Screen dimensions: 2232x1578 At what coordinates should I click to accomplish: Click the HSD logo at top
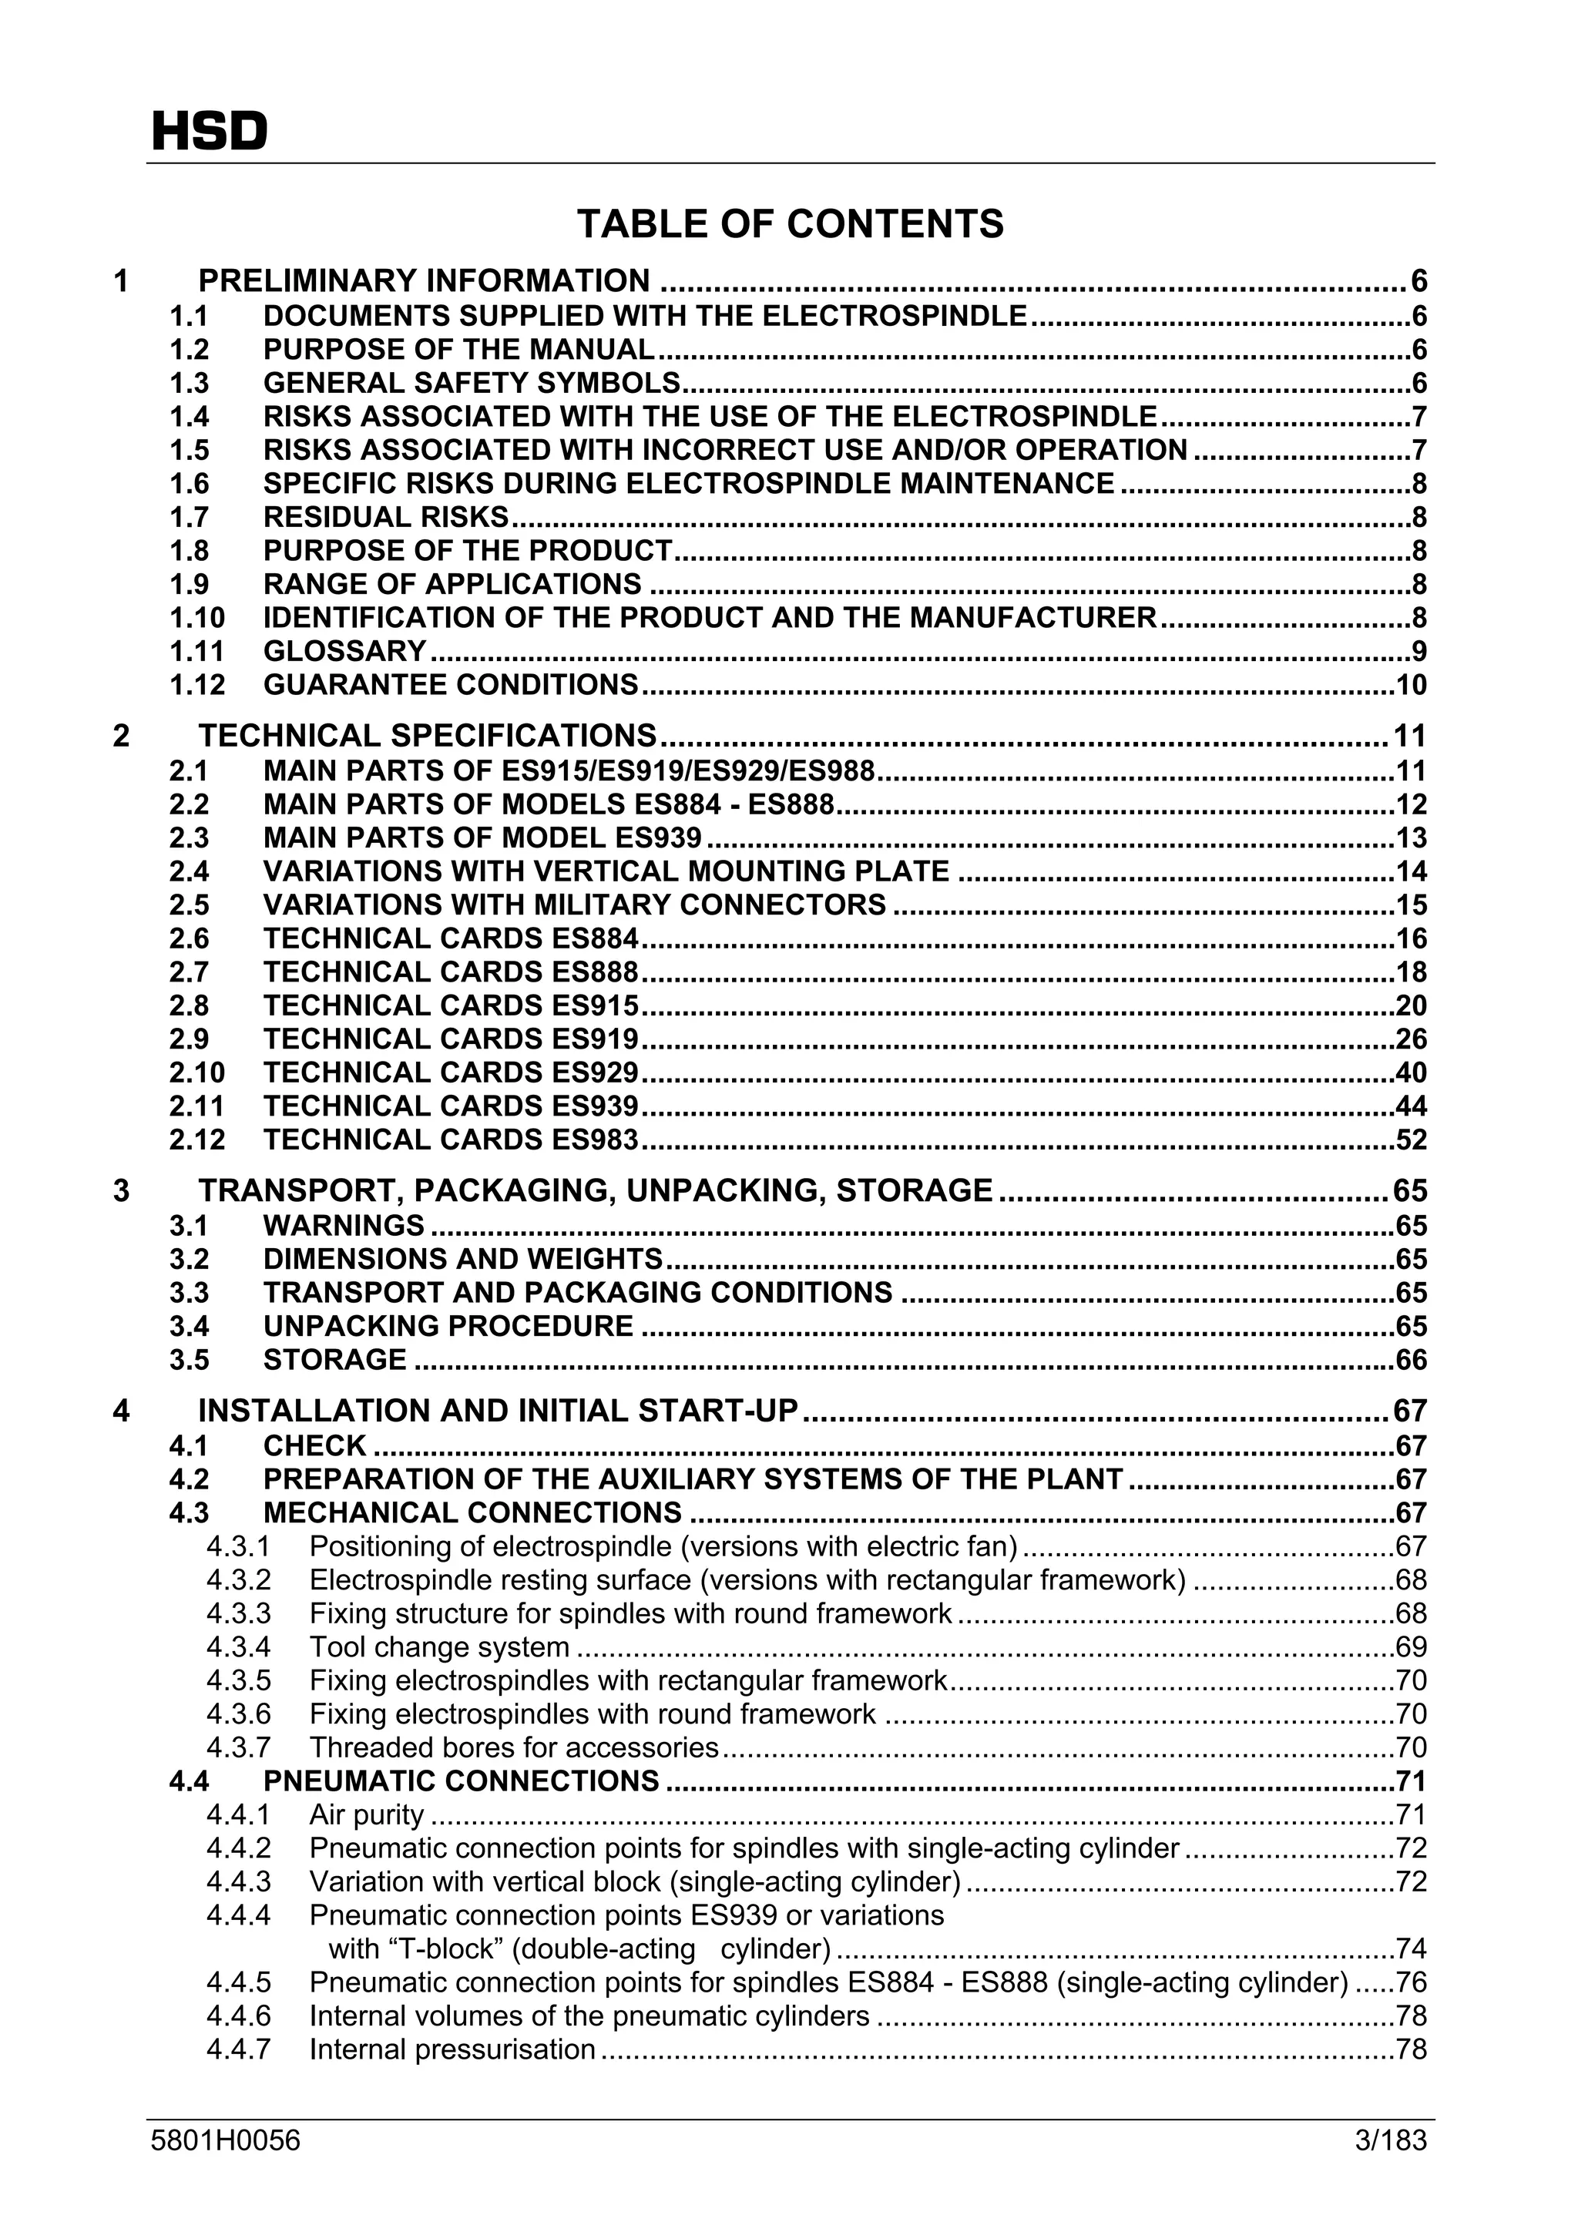tap(209, 131)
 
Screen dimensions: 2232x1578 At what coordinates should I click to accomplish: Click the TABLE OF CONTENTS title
tap(790, 224)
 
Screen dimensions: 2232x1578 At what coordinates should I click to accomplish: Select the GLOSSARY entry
tap(345, 651)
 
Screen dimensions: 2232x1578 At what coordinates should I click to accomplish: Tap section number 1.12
tap(196, 686)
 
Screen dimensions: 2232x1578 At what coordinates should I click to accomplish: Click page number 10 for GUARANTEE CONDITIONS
tap(1411, 686)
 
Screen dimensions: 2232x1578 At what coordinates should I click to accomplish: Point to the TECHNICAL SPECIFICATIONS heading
tap(428, 736)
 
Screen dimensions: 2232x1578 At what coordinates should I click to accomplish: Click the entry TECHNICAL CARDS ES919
tap(450, 1039)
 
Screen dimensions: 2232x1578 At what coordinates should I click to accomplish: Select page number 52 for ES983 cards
tap(1411, 1140)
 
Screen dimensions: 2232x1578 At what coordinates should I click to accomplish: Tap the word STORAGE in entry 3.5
tap(334, 1360)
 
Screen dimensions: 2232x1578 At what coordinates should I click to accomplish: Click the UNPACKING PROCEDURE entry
tap(448, 1326)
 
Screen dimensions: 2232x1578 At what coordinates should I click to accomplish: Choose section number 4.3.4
tap(238, 1648)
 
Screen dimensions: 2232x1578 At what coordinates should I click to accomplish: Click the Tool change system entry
tap(439, 1648)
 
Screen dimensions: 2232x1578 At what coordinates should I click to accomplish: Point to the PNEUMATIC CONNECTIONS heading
tap(461, 1782)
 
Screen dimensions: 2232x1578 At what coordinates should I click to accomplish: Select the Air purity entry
tap(367, 1815)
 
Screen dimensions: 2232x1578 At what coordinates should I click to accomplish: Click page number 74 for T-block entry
tap(1411, 1949)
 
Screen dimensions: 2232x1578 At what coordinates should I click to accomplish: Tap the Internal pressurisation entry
tap(452, 2050)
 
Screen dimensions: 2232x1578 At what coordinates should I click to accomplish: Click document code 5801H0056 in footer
tap(226, 2140)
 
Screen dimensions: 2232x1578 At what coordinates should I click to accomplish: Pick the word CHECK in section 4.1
tap(314, 1446)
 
